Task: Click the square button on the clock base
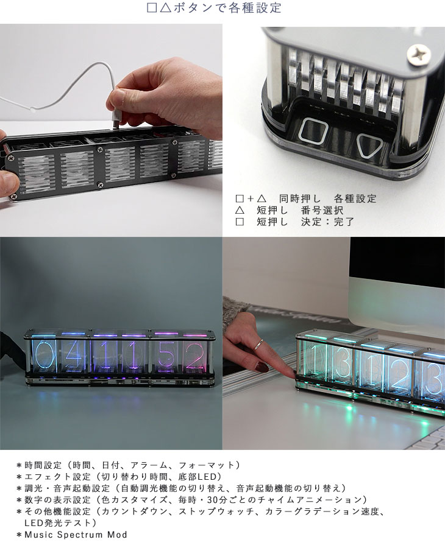[x=313, y=132]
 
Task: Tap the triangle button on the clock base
[x=370, y=144]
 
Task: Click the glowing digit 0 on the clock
[x=41, y=356]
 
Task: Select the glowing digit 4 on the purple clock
[x=73, y=354]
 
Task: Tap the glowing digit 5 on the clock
[x=165, y=355]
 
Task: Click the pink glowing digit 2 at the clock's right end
[x=195, y=355]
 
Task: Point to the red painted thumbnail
[x=262, y=367]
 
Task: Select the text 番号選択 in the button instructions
[x=322, y=210]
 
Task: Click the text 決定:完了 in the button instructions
[x=327, y=222]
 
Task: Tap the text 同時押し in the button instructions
[x=300, y=198]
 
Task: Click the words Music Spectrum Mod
[x=76, y=535]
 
